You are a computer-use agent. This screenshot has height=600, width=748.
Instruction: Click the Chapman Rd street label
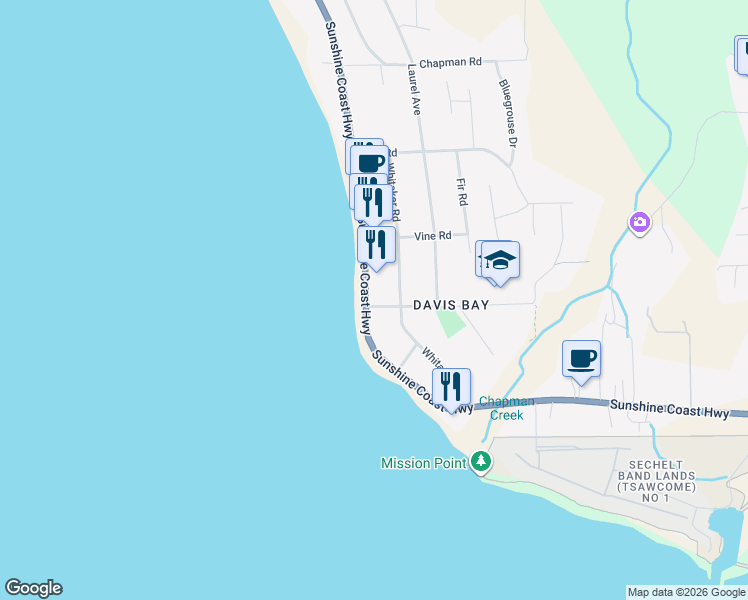pos(450,62)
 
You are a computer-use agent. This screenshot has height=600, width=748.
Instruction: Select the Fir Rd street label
pos(462,192)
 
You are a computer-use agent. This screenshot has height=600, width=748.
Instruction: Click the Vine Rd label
pos(433,236)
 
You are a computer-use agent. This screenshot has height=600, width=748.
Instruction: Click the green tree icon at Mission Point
pos(483,461)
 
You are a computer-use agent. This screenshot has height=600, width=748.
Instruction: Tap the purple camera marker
pos(640,222)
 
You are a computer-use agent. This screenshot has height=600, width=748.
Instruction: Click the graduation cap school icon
pos(500,261)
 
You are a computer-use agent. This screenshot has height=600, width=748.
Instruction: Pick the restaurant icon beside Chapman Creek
pos(452,387)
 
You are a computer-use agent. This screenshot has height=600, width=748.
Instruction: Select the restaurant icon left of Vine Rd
pos(377,244)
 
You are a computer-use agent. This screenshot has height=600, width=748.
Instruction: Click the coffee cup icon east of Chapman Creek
pos(581,359)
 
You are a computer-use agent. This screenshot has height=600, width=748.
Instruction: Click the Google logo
pos(33,588)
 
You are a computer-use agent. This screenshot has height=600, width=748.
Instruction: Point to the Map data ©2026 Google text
pos(687,592)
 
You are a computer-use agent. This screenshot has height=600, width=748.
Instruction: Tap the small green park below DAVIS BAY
pos(452,323)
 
